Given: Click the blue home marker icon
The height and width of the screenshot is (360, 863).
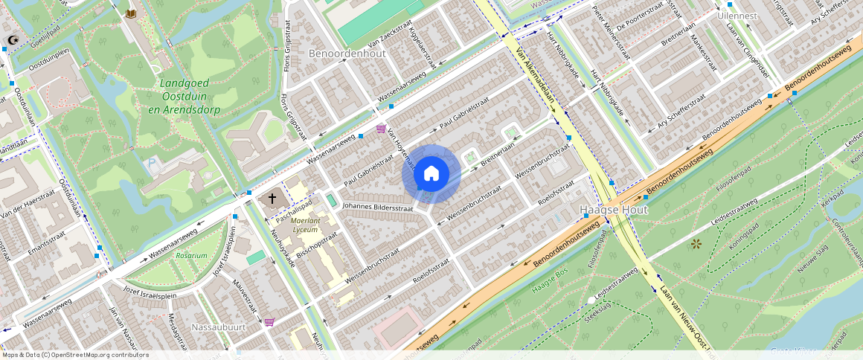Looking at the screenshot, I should (431, 174).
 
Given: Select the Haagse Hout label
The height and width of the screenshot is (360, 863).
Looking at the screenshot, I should (614, 210).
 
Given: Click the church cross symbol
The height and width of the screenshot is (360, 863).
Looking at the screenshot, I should (272, 199).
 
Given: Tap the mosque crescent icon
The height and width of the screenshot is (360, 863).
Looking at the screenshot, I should (11, 39).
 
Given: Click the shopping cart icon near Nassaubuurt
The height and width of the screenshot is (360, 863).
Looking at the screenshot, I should (269, 322).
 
